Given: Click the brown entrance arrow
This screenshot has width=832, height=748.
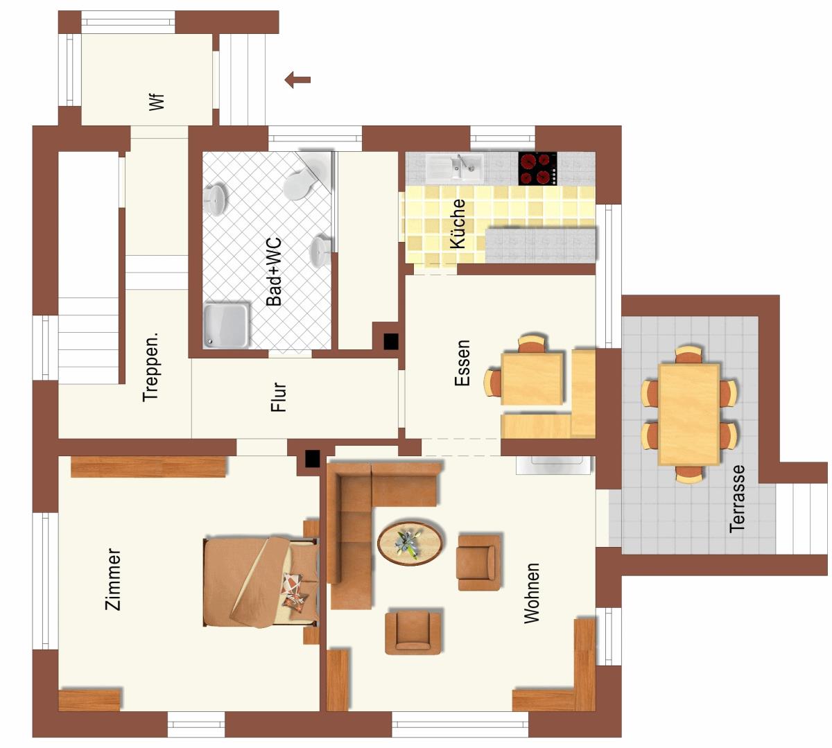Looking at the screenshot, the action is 297,80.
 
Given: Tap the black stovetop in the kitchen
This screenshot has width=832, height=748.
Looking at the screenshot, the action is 537,168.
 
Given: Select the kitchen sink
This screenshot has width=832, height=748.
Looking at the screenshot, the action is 455,167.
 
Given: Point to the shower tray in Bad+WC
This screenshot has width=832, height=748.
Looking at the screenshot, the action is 226,326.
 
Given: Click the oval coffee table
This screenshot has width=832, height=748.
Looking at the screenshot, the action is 410,543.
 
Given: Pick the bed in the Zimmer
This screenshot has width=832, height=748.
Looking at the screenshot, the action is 261,582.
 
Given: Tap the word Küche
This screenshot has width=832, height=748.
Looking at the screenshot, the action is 458,224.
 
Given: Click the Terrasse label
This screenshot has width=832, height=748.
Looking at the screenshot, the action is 737,498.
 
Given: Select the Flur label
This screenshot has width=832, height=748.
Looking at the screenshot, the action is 278,397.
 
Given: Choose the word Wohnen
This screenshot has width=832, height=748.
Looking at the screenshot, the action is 531,593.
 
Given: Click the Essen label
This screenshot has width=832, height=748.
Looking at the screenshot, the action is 462,363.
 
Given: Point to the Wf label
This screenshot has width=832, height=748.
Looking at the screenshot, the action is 157,102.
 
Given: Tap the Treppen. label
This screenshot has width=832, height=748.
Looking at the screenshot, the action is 150,367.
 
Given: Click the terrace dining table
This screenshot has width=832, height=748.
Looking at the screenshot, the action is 689,415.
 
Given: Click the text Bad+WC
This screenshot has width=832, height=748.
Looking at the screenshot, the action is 274,272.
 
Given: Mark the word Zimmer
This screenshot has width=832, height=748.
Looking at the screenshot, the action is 112,579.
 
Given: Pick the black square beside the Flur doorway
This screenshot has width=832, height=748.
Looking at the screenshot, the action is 312,459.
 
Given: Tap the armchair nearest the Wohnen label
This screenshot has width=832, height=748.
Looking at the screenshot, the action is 478,562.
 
